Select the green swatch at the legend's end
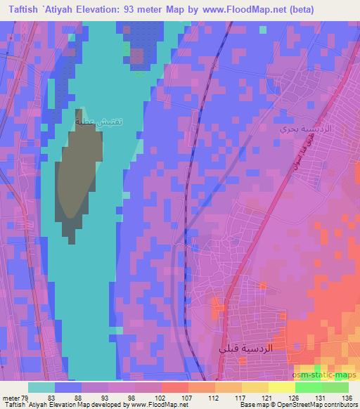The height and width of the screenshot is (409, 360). pyautogui.click(x=334, y=387)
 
